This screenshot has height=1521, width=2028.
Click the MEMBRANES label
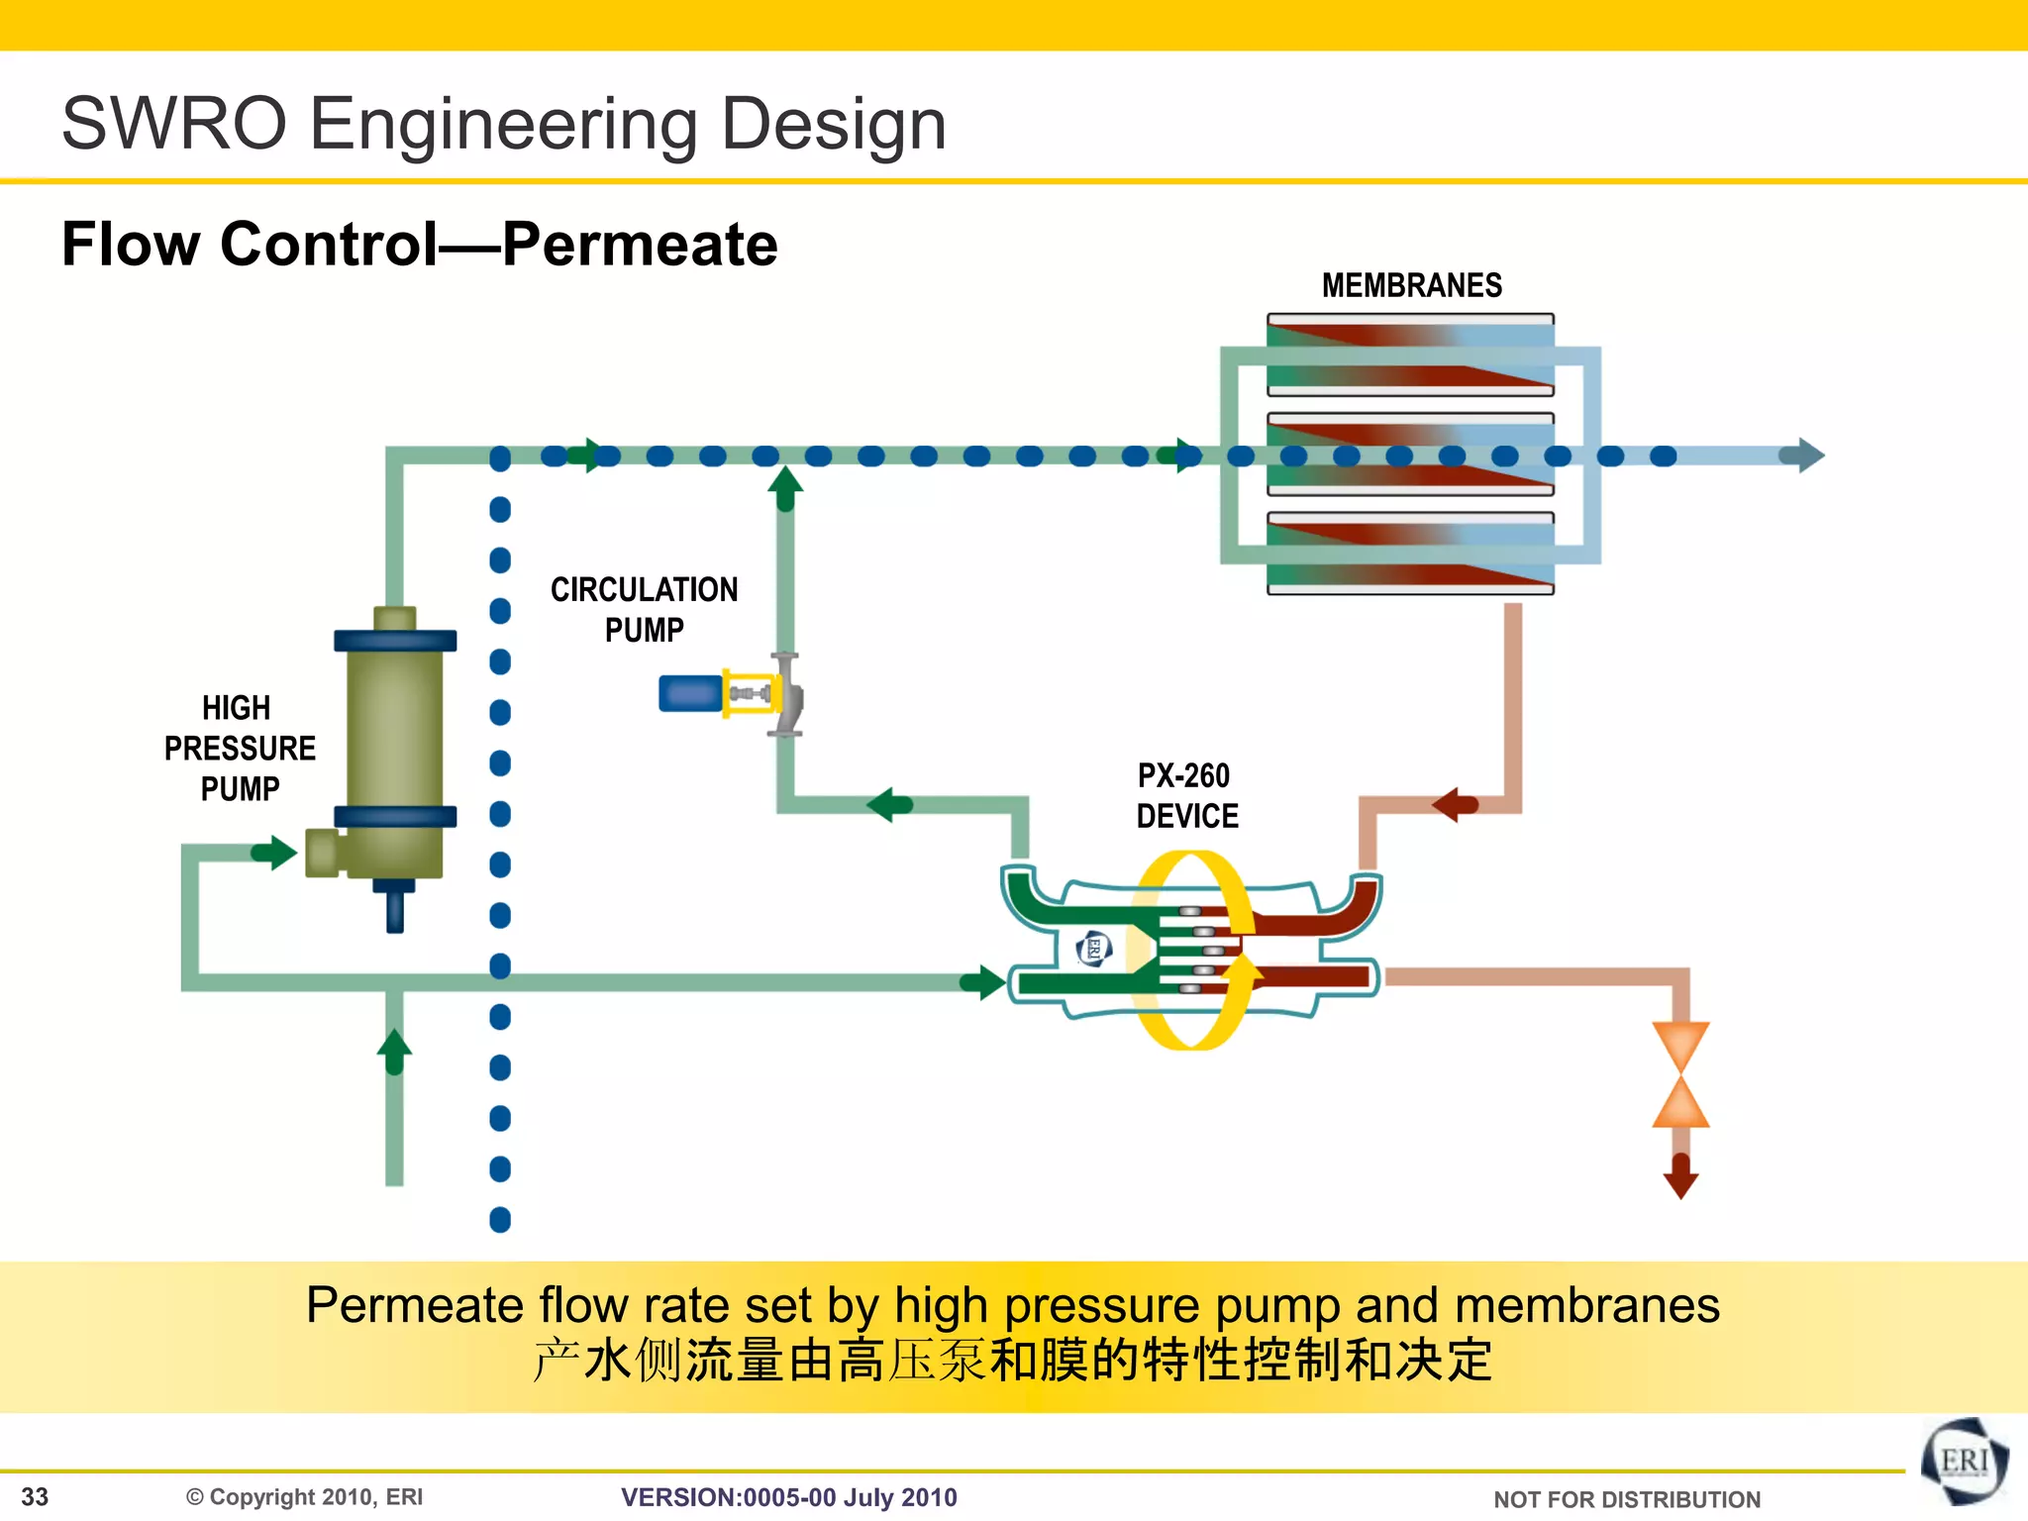tap(1411, 285)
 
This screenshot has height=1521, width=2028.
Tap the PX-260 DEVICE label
tap(1186, 795)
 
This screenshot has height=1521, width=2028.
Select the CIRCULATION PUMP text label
tap(644, 609)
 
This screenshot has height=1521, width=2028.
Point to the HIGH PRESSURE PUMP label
tap(239, 748)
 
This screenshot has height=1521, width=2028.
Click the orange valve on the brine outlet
tap(1680, 1074)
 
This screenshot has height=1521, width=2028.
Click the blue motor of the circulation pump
tap(690, 692)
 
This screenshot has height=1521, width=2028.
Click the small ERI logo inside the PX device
tap(1093, 948)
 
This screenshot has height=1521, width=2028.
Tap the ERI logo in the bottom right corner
tap(1965, 1462)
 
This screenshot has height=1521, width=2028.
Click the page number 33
tap(35, 1496)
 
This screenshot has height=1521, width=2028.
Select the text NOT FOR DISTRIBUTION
tap(1626, 1499)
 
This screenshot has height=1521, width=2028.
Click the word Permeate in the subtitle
tap(640, 245)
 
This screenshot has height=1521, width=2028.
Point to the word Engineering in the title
tap(503, 124)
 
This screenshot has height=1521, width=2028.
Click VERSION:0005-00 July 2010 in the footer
tap(788, 1497)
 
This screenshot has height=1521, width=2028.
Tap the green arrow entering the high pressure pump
tap(274, 852)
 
